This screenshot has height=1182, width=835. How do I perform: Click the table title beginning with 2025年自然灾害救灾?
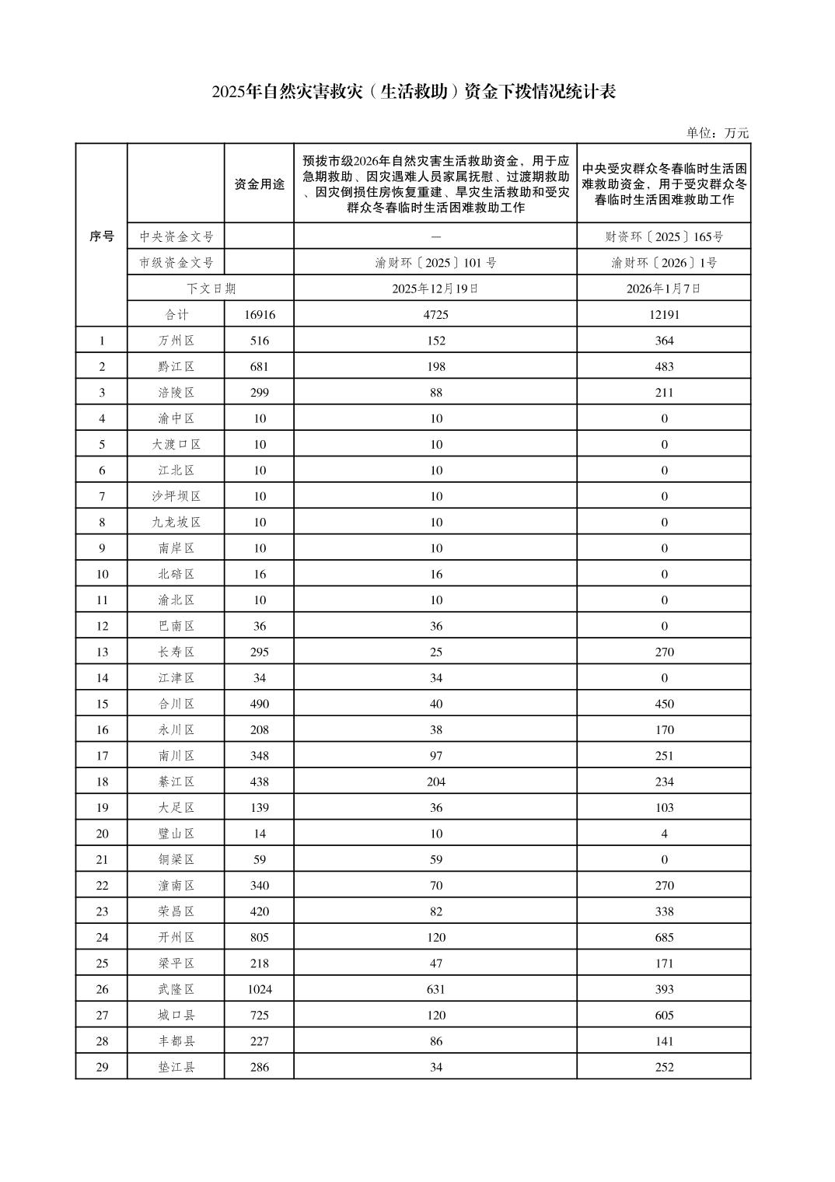tap(414, 92)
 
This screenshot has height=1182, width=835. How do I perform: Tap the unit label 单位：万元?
tap(717, 133)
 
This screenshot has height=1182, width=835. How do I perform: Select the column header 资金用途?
tap(259, 184)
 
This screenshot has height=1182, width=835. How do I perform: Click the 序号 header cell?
tap(101, 236)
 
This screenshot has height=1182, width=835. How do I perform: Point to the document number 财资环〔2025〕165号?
tap(663, 236)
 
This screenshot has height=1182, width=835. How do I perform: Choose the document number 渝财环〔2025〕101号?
tap(435, 263)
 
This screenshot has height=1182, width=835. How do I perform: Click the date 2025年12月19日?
tap(435, 289)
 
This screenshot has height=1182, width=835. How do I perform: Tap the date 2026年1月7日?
tap(663, 289)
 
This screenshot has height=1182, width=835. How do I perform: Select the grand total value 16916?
tap(259, 314)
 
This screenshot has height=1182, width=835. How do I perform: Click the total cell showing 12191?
tap(663, 314)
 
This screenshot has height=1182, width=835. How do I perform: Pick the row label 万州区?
tap(176, 341)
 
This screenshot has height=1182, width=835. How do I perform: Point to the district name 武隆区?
tap(176, 989)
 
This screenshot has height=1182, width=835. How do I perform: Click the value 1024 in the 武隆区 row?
tap(259, 989)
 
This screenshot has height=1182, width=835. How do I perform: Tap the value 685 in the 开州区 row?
tap(663, 937)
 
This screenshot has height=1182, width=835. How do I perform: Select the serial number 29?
tap(101, 1067)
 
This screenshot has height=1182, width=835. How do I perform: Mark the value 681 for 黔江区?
tap(259, 366)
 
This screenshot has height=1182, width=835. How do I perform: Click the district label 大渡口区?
tap(176, 444)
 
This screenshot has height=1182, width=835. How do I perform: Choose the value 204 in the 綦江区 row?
tap(435, 782)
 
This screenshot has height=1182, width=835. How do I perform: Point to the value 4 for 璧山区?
tap(663, 834)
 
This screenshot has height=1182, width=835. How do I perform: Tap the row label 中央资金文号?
tap(176, 236)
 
